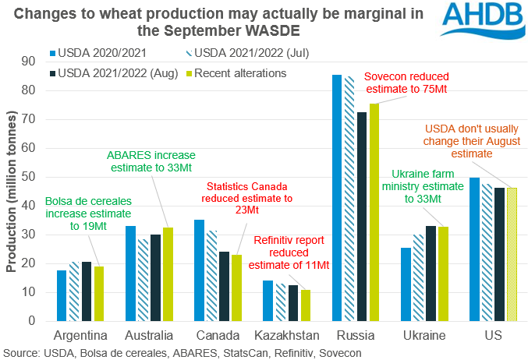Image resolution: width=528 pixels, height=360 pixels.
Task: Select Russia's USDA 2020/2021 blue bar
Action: tap(336, 198)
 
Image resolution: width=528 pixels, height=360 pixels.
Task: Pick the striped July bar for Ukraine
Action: tap(417, 277)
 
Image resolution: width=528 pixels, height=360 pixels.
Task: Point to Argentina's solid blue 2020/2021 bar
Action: tap(62, 295)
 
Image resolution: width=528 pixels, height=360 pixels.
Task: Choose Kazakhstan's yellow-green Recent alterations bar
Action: tap(304, 305)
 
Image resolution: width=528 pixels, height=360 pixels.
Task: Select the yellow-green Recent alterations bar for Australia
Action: tap(168, 274)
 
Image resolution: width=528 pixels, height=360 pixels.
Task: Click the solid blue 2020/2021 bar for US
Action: tap(474, 249)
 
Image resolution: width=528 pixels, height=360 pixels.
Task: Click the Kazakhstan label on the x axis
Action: tap(288, 335)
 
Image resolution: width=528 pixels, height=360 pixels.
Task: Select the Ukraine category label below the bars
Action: tap(425, 335)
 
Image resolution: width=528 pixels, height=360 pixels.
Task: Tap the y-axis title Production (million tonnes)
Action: tap(11, 191)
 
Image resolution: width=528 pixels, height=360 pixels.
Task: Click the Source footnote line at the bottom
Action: tap(187, 352)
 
